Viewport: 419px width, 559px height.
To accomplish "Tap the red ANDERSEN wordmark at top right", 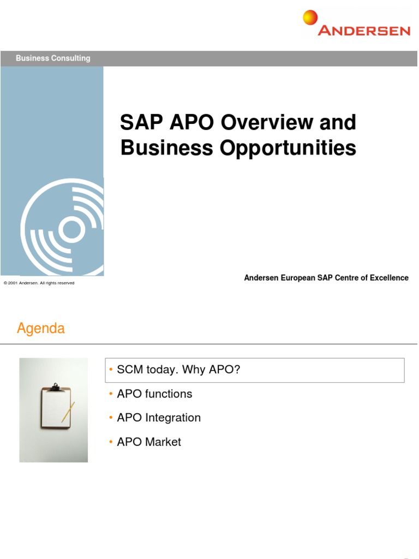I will (364, 31).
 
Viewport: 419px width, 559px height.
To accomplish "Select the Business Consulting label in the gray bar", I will (53, 58).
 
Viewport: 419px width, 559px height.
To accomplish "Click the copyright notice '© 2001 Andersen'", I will (39, 283).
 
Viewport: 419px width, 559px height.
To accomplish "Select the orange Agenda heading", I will (41, 329).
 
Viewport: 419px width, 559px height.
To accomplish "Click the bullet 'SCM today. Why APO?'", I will (178, 370).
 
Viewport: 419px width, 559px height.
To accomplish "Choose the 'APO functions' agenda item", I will (154, 394).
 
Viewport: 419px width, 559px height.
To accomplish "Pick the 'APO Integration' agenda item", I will (159, 418).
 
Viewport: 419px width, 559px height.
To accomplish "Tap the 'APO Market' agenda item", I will (149, 442).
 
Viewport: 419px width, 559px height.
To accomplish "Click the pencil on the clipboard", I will (68, 412).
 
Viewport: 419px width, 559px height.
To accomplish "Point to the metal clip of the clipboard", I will (55, 386).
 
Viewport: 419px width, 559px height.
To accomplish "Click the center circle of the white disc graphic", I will (71, 230).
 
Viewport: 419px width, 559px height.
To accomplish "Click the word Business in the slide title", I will (158, 147).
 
